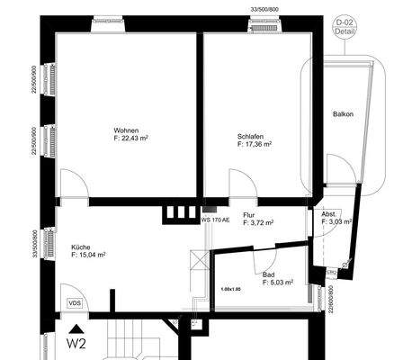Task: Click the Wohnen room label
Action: pyautogui.click(x=127, y=130)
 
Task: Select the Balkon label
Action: pyautogui.click(x=343, y=114)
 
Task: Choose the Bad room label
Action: pyautogui.click(x=268, y=274)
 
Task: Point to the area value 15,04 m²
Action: pyautogui.click(x=89, y=255)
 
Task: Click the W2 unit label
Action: pyautogui.click(x=78, y=342)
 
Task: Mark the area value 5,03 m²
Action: pyautogui.click(x=272, y=283)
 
